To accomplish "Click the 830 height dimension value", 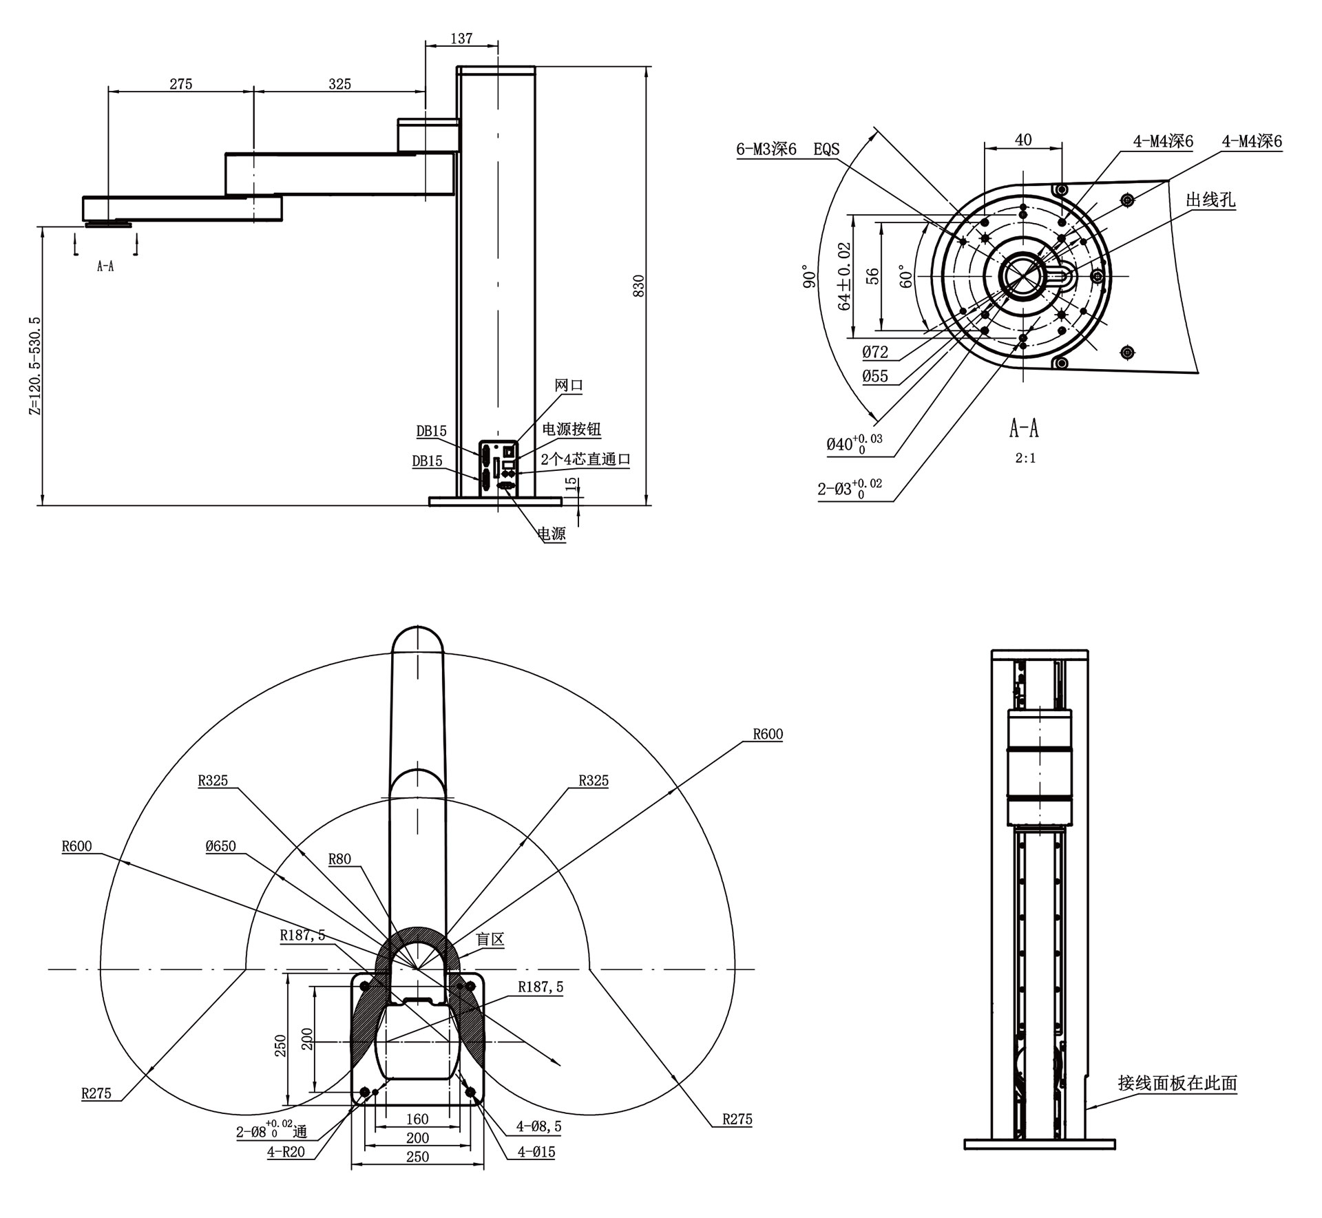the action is tap(639, 286).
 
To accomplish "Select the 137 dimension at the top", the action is tap(461, 39).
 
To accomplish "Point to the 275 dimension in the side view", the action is tap(181, 84).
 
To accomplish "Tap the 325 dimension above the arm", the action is tap(339, 84).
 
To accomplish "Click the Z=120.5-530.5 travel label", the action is tap(35, 366).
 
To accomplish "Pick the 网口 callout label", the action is tap(569, 386).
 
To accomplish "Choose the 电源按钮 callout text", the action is tap(571, 429).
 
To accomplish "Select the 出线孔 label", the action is tap(1210, 200).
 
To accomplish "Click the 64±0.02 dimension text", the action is tap(844, 275).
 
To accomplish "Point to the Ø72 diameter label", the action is tap(875, 352).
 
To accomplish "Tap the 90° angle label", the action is tap(810, 275).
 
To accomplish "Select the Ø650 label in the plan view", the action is tap(220, 846).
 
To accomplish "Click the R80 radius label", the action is tap(339, 859).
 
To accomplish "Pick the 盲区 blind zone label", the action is tap(490, 938).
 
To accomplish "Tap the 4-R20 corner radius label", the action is tap(286, 1151).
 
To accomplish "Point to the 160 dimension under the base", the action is tap(417, 1119).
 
